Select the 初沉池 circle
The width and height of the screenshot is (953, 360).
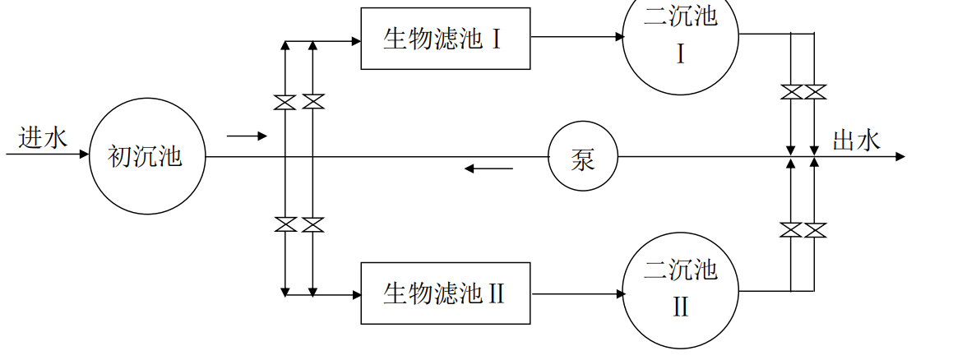pyautogui.click(x=146, y=156)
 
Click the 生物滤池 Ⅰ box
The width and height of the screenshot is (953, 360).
pyautogui.click(x=445, y=39)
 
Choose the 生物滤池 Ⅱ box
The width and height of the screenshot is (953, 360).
pyautogui.click(x=445, y=293)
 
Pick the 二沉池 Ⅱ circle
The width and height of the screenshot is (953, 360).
pyautogui.click(x=680, y=288)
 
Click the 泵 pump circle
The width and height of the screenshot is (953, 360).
pyautogui.click(x=582, y=157)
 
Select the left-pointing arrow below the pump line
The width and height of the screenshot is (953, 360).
pyautogui.click(x=488, y=169)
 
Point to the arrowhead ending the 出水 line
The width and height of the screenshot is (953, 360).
pyautogui.click(x=900, y=156)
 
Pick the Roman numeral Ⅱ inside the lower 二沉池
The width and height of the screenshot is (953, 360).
pyautogui.click(x=680, y=307)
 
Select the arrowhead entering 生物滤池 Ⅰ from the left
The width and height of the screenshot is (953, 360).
pyautogui.click(x=356, y=39)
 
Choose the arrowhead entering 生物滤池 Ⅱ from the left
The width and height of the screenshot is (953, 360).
pyautogui.click(x=356, y=293)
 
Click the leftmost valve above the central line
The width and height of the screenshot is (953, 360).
pyautogui.click(x=285, y=102)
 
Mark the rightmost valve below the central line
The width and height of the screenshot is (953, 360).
pyautogui.click(x=815, y=230)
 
